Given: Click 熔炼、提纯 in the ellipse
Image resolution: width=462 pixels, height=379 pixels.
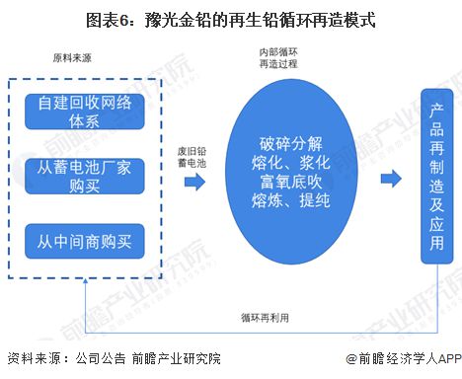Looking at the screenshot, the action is (x=278, y=204).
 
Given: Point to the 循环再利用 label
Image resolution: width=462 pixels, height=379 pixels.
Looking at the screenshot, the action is (x=264, y=317).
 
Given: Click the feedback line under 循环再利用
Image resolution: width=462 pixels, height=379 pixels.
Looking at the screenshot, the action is (x=264, y=305).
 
